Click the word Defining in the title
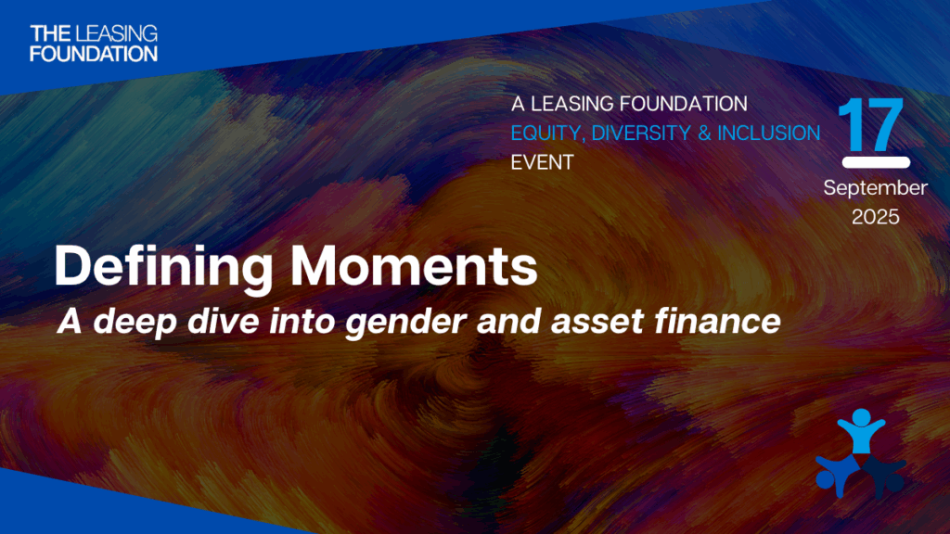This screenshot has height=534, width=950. (163, 267)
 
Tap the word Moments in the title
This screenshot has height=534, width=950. (414, 266)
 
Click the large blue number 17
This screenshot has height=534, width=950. (872, 125)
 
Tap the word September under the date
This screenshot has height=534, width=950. (875, 188)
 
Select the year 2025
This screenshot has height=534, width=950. (876, 217)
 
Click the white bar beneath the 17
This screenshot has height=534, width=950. (876, 162)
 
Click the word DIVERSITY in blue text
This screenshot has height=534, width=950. (642, 133)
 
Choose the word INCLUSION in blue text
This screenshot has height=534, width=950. (769, 133)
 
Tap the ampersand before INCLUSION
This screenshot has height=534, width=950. (705, 133)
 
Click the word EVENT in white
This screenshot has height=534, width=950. (542, 162)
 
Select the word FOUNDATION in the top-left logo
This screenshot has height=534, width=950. (94, 54)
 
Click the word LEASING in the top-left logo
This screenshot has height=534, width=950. (118, 34)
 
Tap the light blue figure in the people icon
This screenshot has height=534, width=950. (861, 431)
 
